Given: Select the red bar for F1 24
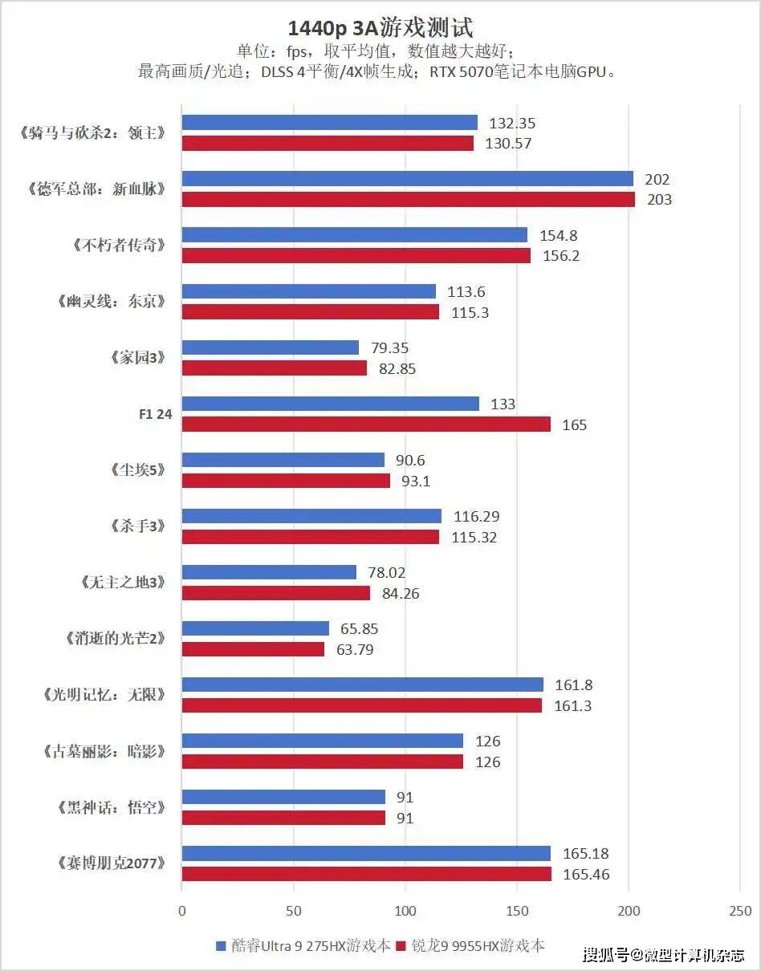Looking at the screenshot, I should pyautogui.click(x=366, y=425).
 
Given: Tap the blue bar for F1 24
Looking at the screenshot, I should pyautogui.click(x=330, y=404).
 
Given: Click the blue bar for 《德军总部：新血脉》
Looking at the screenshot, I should pyautogui.click(x=407, y=179).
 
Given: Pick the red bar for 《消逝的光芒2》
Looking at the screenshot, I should pyautogui.click(x=253, y=649).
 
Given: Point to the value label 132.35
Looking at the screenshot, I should pyautogui.click(x=511, y=124).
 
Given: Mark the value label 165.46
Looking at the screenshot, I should pyautogui.click(x=586, y=875).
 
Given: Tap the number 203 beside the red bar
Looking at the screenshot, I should pyautogui.click(x=658, y=200).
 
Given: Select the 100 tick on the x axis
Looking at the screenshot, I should pyautogui.click(x=405, y=911).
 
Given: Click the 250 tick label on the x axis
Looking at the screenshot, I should pyautogui.click(x=740, y=911).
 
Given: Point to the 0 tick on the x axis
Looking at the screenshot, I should pyautogui.click(x=182, y=911).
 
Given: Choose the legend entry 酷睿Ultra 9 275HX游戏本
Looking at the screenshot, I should pyautogui.click(x=303, y=946).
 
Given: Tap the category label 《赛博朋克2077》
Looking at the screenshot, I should pyautogui.click(x=112, y=863).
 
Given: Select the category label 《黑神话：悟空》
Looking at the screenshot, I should pyautogui.click(x=112, y=807).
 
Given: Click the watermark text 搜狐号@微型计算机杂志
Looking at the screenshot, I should pyautogui.click(x=663, y=955).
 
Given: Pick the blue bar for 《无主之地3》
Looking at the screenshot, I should pyautogui.click(x=269, y=572).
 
